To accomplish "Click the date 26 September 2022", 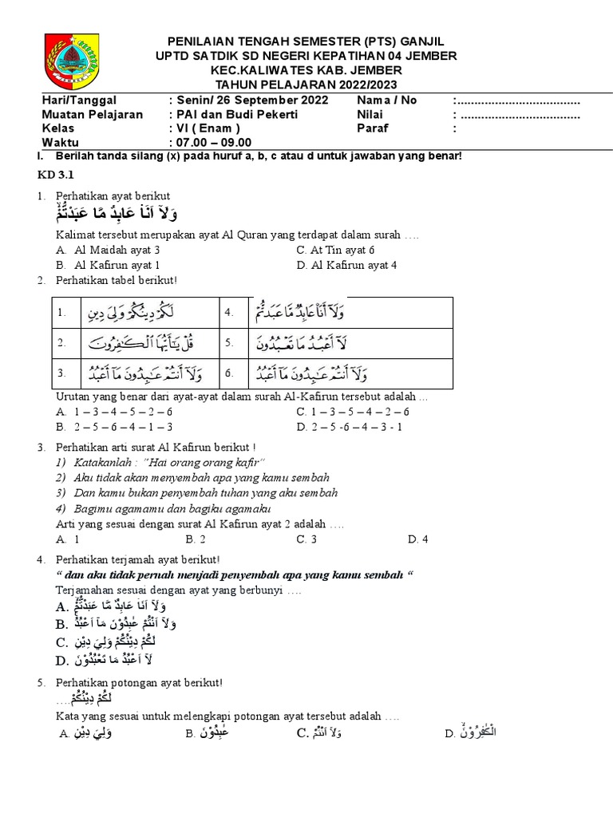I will click(269, 101).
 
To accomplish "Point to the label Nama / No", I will click(386, 101).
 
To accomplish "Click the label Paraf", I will click(372, 128).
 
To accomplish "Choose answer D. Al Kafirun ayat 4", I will click(346, 265).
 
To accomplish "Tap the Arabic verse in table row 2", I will click(148, 343).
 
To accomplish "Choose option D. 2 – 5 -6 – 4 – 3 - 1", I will click(349, 427).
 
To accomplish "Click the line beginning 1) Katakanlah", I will click(160, 463).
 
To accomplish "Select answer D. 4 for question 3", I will click(417, 539).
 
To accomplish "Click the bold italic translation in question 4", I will click(235, 575).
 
